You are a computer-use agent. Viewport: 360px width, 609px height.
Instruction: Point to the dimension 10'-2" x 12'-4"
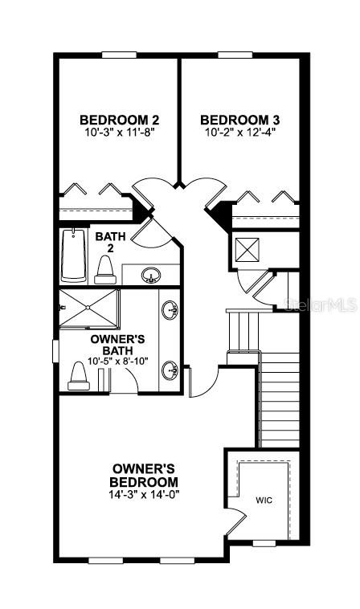coord(239,132)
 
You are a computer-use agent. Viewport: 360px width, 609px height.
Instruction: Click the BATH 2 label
coord(108,242)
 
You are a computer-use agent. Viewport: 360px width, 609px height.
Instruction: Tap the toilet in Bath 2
coord(104,268)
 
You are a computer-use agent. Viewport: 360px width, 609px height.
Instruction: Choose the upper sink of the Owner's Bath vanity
coord(170,309)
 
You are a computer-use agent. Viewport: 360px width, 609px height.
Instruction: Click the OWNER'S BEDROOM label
coord(145,474)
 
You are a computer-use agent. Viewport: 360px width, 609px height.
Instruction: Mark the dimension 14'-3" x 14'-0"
coord(145,494)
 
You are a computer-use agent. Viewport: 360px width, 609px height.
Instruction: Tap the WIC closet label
coord(264,500)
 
